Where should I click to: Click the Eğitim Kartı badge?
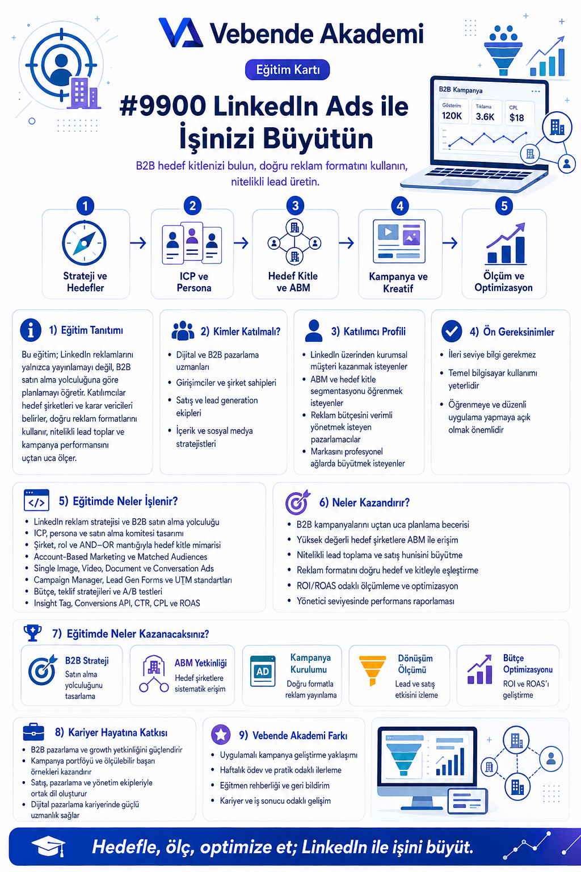pos(287,70)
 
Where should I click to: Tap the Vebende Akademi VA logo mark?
pos(181,33)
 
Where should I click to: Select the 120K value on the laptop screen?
pos(452,116)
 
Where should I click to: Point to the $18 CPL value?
pos(516,118)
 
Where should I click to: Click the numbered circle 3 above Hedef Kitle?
pos(295,206)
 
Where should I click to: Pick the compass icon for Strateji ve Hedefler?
pos(84,243)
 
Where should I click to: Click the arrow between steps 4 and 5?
pos(450,244)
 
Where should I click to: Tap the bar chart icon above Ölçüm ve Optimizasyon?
pos(506,244)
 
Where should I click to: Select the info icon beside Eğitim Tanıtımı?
pos(31,330)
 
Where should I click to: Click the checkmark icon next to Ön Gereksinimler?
pos(452,331)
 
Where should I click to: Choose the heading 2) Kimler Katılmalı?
pos(241,332)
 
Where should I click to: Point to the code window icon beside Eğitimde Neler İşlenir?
pos(36,500)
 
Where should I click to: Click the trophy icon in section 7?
pos(33,633)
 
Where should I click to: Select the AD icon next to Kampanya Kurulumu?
pos(263,671)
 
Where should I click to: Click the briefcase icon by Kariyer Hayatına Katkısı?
pos(33,732)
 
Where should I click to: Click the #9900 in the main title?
pos(163,106)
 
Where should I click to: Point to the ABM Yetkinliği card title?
pos(200,663)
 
